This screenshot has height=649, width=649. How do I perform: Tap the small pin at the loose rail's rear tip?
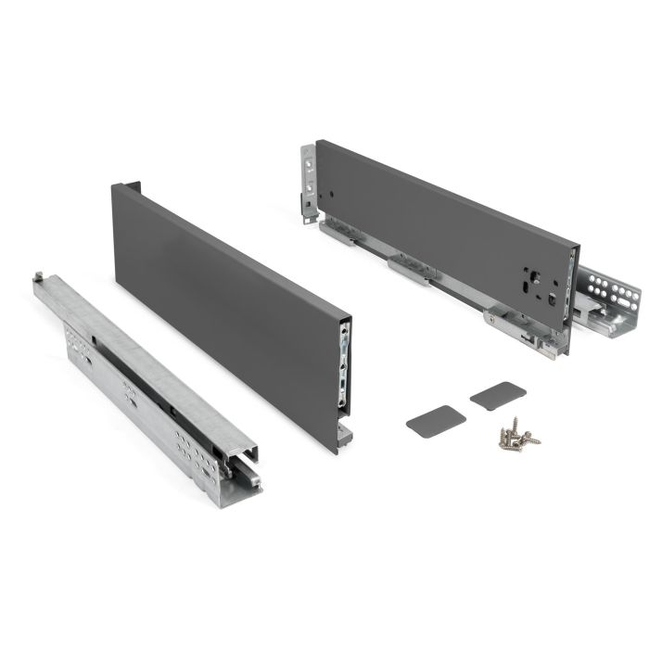(x=40, y=275)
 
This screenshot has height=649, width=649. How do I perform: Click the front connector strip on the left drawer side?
(x=345, y=366)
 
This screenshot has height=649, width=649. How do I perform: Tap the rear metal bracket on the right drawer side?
(x=308, y=181)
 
